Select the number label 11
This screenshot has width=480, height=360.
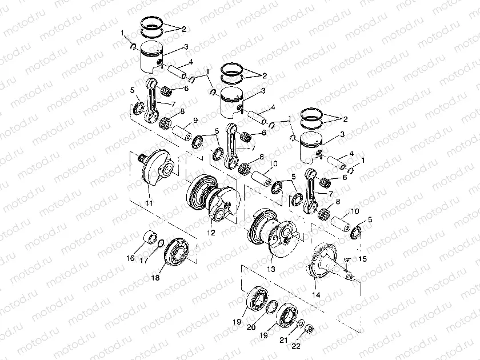[149, 203]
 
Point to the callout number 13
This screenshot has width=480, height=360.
[270, 268]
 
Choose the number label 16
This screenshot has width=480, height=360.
[130, 258]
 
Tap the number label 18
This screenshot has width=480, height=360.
[155, 278]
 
